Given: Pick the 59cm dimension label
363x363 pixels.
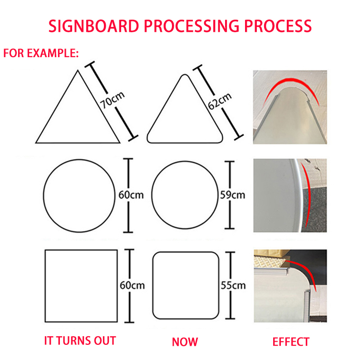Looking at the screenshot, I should click(x=232, y=195).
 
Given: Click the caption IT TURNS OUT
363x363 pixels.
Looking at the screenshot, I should click(x=80, y=341).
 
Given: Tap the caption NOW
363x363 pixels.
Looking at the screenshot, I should click(x=185, y=341).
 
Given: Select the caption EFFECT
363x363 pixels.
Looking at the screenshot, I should click(x=291, y=341).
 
